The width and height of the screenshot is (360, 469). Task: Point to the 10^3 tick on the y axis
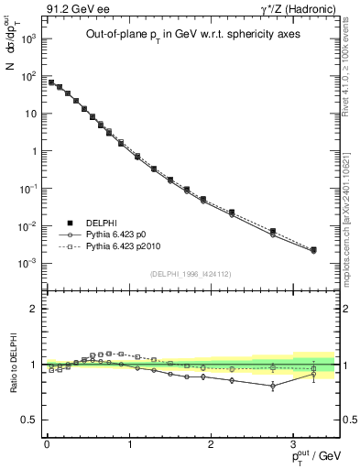(x=27, y=39)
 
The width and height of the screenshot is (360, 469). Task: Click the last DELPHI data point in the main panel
(x=313, y=249)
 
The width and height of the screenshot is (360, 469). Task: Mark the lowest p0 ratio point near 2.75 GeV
(x=272, y=386)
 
